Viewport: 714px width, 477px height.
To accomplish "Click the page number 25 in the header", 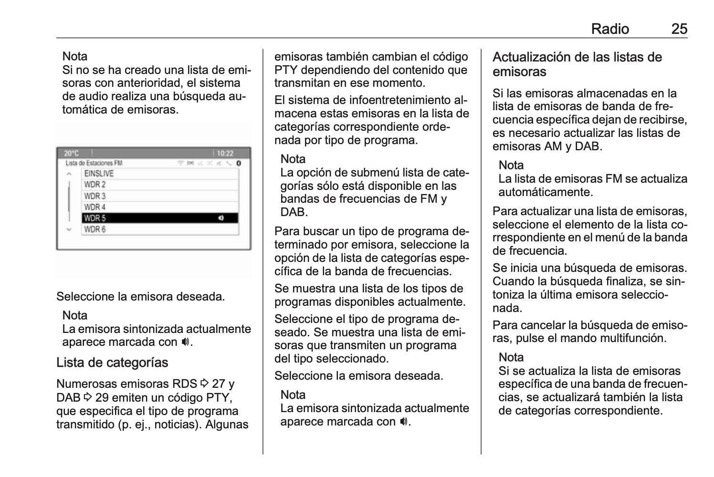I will click(x=679, y=29).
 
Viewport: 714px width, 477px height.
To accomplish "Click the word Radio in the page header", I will click(x=609, y=29).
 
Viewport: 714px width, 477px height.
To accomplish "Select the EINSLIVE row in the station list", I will click(x=160, y=174).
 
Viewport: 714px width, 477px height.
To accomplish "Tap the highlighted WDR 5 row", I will click(x=160, y=218).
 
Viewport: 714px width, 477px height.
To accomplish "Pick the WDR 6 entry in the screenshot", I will click(x=160, y=229).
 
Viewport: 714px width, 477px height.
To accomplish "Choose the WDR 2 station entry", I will click(x=160, y=185).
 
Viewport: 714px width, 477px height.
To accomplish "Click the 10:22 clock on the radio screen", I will click(x=225, y=154).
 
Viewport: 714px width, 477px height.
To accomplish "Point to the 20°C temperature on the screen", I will click(x=71, y=154).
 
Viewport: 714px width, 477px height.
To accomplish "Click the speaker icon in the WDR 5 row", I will click(x=220, y=218).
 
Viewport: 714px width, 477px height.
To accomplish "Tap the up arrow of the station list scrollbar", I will click(x=70, y=174).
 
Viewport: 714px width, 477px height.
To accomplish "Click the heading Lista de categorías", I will click(x=112, y=363).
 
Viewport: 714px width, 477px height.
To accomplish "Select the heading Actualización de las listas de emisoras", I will click(x=577, y=64).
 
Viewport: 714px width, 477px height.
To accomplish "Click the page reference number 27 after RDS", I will click(x=219, y=384).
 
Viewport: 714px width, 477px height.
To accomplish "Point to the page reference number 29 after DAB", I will click(x=102, y=397).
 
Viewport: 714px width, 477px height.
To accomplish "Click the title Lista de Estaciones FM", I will click(x=94, y=163).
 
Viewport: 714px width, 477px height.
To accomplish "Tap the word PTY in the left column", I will click(x=219, y=397).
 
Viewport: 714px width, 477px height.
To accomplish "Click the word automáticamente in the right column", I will click(x=545, y=192).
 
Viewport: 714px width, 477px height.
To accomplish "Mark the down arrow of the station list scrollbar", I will click(x=70, y=229).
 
